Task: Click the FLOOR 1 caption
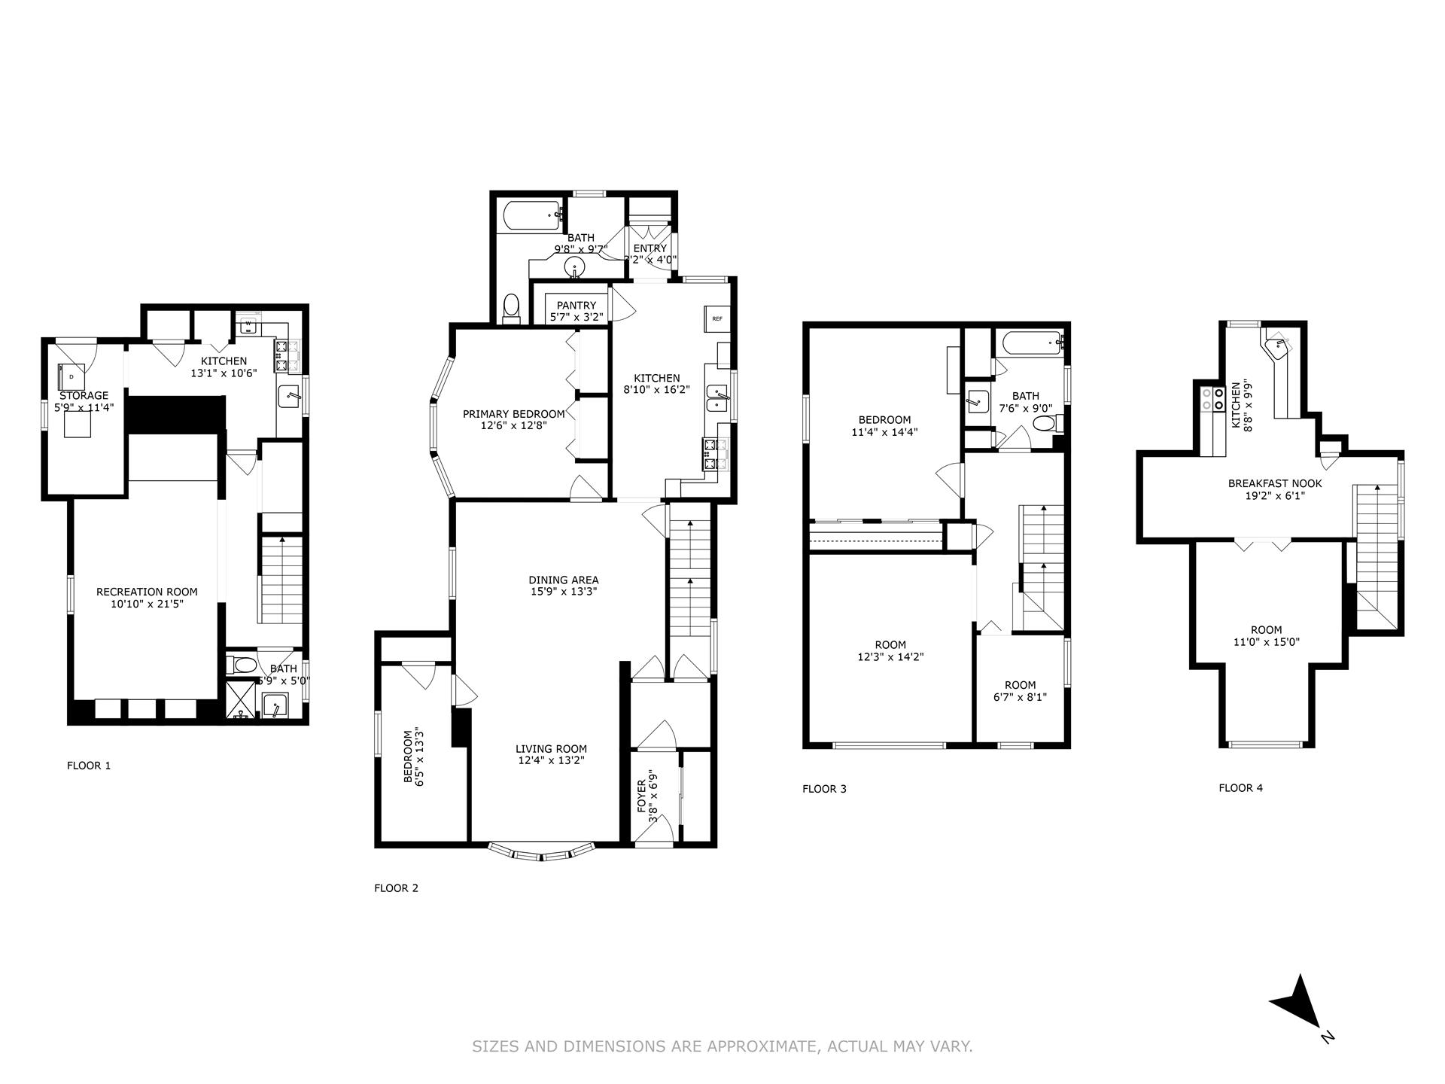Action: (x=89, y=766)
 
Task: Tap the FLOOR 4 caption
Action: (x=1240, y=788)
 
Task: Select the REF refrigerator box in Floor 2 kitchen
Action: (x=716, y=318)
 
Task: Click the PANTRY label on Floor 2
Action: (x=576, y=305)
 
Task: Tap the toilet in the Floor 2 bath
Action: (x=512, y=309)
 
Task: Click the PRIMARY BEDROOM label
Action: (x=513, y=414)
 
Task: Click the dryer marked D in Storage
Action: (x=71, y=374)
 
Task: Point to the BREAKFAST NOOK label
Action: (x=1274, y=484)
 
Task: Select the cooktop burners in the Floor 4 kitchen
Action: (x=1212, y=398)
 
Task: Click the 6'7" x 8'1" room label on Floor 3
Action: (x=1020, y=697)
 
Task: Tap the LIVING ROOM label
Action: (x=551, y=749)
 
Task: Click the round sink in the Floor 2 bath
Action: (x=576, y=266)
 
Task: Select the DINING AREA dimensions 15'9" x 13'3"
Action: (x=564, y=592)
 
